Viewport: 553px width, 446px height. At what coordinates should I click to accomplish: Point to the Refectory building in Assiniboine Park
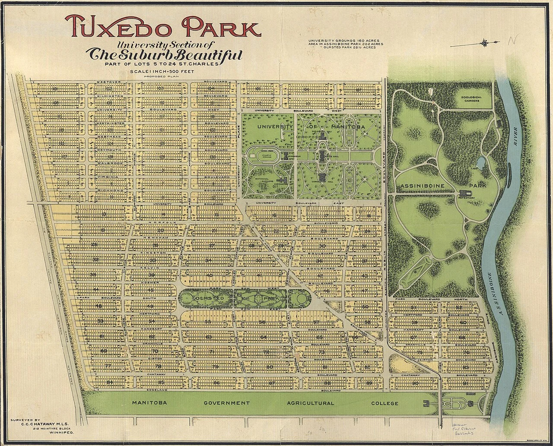tap(465, 194)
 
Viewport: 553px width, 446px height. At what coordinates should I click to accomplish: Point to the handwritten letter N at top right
tap(512, 41)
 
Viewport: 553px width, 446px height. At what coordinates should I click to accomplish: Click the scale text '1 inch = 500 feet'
tap(161, 71)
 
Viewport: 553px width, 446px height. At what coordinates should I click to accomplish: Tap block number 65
tap(319, 337)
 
